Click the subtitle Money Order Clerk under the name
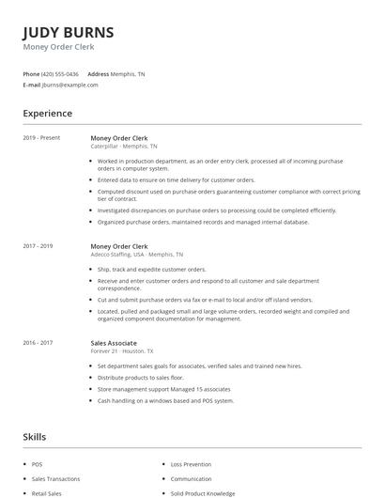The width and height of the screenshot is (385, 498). tap(58, 47)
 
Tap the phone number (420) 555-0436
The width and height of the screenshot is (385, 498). tap(60, 73)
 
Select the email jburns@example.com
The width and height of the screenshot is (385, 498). tap(70, 85)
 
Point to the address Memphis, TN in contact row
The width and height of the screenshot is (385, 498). tap(129, 73)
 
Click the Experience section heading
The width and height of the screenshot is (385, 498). tap(48, 114)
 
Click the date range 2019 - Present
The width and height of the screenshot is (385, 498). tap(41, 138)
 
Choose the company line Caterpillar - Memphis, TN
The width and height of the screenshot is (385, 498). tap(124, 147)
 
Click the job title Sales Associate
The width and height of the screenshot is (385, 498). tap(114, 344)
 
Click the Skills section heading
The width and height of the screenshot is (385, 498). tap(34, 437)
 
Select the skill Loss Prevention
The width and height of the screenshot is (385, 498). tap(191, 464)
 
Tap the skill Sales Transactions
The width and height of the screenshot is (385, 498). tap(56, 478)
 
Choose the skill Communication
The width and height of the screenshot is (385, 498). tap(192, 478)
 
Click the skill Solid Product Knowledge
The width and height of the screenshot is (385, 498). tap(204, 492)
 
